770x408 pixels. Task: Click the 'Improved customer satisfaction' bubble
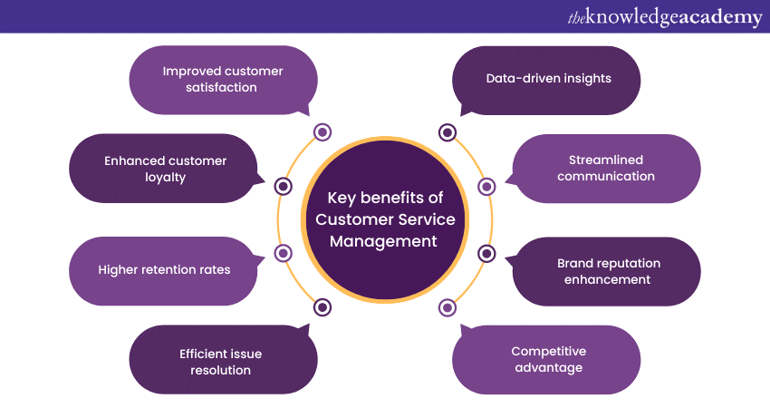point(223,80)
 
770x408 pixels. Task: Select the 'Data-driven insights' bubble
point(546,80)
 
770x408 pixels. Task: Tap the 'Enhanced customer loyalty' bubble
point(164,169)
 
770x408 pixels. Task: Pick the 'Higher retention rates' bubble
point(164,271)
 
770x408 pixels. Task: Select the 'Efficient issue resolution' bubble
point(223,359)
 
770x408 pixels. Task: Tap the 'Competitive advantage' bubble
point(546,359)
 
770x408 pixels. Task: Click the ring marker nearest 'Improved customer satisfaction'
point(322,131)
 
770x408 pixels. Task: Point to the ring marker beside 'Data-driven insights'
point(448,132)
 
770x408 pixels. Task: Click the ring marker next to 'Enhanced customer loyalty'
point(283,186)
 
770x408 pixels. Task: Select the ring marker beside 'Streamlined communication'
point(486,186)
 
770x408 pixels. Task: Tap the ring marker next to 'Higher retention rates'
point(283,253)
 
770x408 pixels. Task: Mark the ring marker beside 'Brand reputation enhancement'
point(486,254)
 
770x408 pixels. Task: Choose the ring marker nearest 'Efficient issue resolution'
point(322,307)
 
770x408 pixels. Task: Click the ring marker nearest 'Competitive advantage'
point(448,307)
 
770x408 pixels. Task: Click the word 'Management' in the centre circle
point(383,241)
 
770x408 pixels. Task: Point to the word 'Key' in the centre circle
point(342,198)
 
